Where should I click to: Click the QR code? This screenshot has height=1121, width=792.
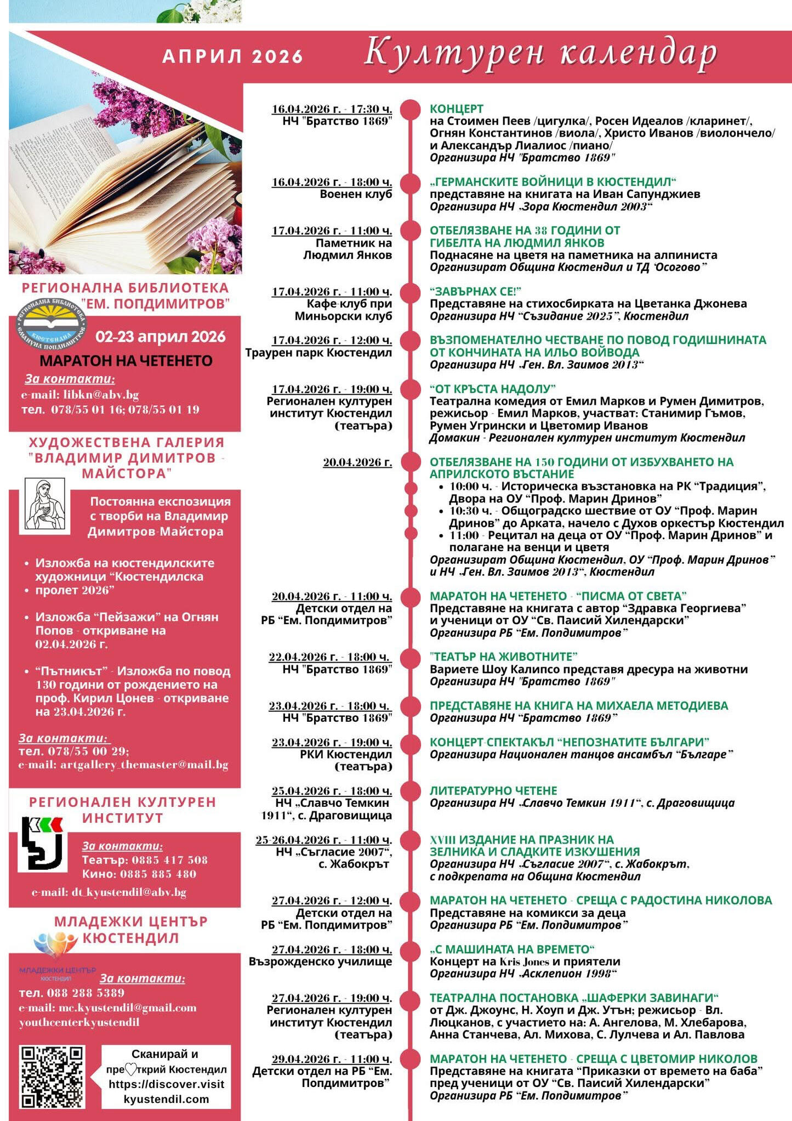click(52, 1077)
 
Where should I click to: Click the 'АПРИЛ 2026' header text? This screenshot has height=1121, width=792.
click(232, 56)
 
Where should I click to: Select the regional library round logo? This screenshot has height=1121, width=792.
click(50, 325)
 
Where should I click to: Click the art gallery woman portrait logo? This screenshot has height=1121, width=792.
click(45, 505)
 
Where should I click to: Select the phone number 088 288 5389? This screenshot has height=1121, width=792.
click(86, 993)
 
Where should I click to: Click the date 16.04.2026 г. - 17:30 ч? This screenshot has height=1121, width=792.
click(332, 109)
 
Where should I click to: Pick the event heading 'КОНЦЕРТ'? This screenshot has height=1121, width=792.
click(456, 109)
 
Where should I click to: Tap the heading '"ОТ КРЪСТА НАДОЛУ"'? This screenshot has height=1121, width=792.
click(492, 389)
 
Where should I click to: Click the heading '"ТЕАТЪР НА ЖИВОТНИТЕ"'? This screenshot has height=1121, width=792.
click(504, 656)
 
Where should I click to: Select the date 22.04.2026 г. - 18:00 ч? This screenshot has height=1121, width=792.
click(330, 657)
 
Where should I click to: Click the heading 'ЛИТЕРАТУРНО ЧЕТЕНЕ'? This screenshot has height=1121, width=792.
click(493, 790)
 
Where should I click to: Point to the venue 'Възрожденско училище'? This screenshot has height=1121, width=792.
click(320, 961)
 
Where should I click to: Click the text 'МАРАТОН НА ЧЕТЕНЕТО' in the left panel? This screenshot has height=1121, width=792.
click(126, 361)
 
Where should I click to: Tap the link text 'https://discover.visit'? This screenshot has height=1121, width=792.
click(167, 1084)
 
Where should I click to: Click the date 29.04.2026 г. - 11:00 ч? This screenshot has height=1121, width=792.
click(332, 1059)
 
